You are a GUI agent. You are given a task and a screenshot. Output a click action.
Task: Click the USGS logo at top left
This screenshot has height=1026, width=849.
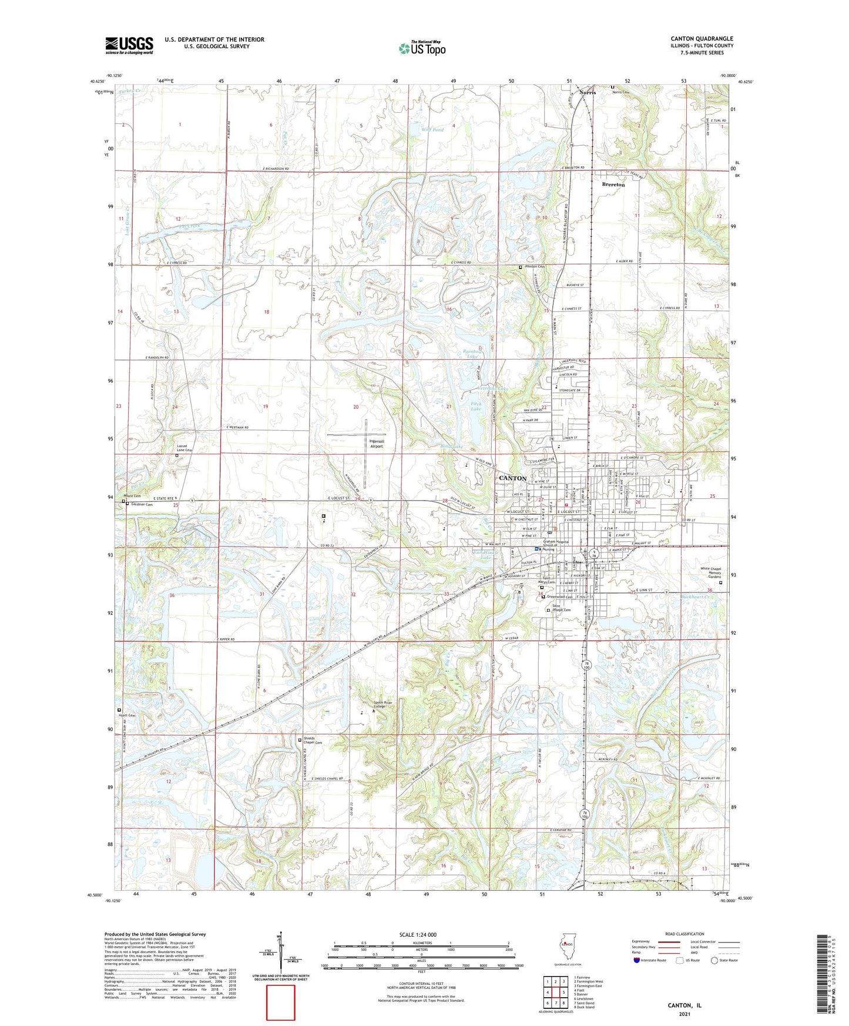(129, 45)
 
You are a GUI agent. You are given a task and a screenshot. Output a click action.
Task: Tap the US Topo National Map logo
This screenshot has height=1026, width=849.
(422, 48)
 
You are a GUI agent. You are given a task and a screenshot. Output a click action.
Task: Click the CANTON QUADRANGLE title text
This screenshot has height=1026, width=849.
(702, 39)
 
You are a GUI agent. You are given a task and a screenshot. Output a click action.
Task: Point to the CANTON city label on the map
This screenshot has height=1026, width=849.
(512, 478)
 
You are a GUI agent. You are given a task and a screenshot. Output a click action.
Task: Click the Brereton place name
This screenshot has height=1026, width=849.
(613, 185)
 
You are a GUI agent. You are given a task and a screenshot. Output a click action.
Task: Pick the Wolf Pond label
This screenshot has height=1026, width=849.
(432, 129)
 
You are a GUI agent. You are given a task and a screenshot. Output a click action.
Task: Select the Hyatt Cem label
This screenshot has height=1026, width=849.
(127, 715)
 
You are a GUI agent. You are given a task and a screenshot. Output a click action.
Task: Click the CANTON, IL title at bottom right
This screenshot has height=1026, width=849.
(684, 1005)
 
